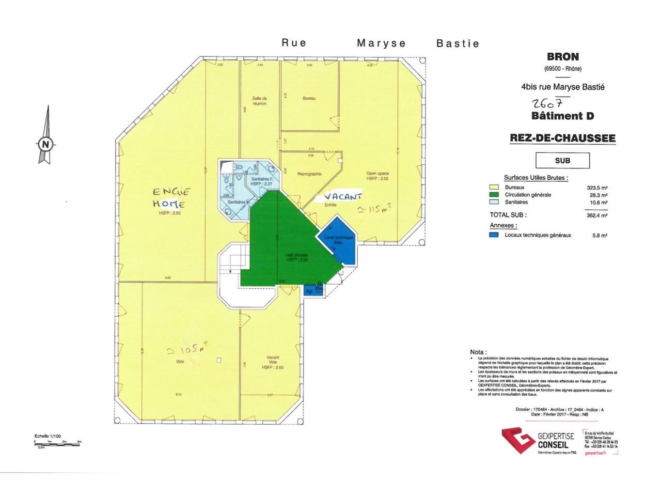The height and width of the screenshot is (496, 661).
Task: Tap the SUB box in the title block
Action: pyautogui.click(x=562, y=161)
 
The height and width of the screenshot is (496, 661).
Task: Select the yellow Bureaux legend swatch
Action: pyautogui.click(x=494, y=188)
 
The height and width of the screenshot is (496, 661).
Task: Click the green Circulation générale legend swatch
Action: pyautogui.click(x=494, y=195)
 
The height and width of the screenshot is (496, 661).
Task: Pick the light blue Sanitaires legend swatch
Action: pyautogui.click(x=494, y=202)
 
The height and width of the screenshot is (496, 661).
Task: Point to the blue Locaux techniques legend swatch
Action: pyautogui.click(x=494, y=235)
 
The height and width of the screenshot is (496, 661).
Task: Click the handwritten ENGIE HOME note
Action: pyautogui.click(x=171, y=197)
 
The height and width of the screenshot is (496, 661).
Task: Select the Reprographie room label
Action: pyautogui.click(x=309, y=174)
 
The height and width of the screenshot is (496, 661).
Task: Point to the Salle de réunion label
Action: pyautogui.click(x=260, y=101)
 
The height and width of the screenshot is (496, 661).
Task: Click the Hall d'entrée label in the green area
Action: pyautogui.click(x=297, y=257)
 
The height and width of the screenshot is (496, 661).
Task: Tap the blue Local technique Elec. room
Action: pyautogui.click(x=339, y=240)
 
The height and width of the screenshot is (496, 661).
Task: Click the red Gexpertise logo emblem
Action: pyautogui.click(x=517, y=441)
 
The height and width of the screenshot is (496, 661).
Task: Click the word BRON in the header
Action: pyautogui.click(x=562, y=57)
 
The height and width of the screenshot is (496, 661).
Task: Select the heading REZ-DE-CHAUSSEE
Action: pyautogui.click(x=562, y=138)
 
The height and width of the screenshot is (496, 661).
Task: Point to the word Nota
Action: pyautogui.click(x=478, y=352)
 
